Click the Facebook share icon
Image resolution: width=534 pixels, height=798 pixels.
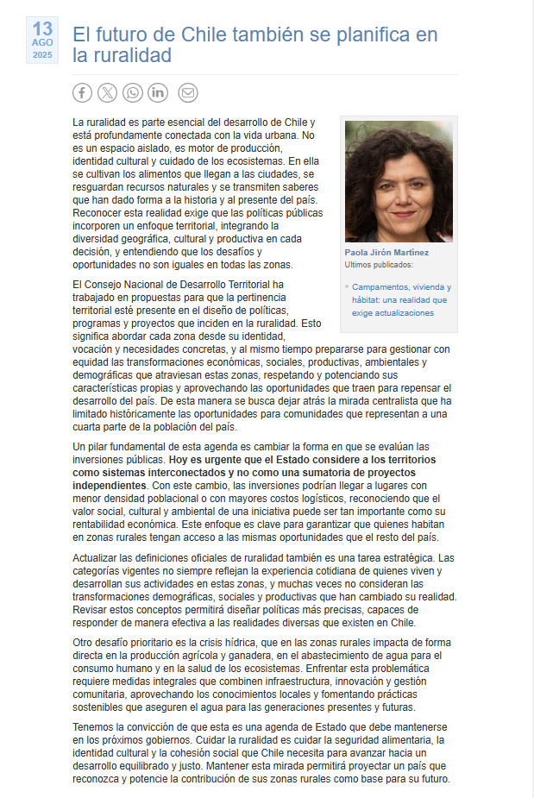point(82,92)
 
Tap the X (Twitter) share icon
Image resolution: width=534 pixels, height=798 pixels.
point(107,92)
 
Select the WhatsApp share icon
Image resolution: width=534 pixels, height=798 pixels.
point(133,92)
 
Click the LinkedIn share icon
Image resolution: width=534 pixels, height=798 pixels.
point(158,92)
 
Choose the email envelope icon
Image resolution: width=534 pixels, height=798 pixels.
point(188,92)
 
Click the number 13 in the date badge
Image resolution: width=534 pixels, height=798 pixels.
point(42,29)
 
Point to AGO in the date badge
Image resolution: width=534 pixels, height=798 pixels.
point(42,42)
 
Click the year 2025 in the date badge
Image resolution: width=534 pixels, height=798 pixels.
point(42,54)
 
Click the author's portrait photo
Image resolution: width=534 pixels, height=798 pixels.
point(399,181)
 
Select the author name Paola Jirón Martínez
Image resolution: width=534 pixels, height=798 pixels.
point(386,253)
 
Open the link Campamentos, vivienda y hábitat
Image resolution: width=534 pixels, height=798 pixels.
point(401,286)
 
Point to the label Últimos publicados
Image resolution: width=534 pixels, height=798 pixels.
point(379,265)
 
